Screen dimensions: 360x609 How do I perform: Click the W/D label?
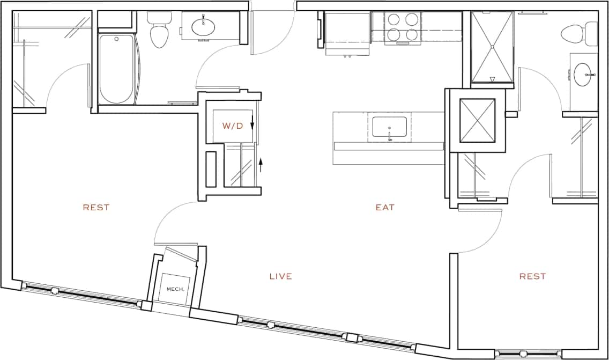(233, 126)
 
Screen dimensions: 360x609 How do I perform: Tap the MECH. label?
(175, 289)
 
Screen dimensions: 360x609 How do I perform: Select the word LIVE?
(280, 276)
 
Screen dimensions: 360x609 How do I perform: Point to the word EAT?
(385, 207)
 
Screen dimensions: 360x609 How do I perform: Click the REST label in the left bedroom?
(96, 207)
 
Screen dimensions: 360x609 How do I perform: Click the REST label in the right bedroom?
(532, 276)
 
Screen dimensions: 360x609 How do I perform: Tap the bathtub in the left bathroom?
(116, 69)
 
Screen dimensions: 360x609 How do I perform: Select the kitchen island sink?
(390, 128)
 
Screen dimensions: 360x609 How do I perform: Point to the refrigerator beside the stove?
(347, 32)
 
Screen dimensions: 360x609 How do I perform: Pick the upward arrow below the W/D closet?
(261, 164)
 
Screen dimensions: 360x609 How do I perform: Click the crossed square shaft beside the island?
(477, 120)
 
